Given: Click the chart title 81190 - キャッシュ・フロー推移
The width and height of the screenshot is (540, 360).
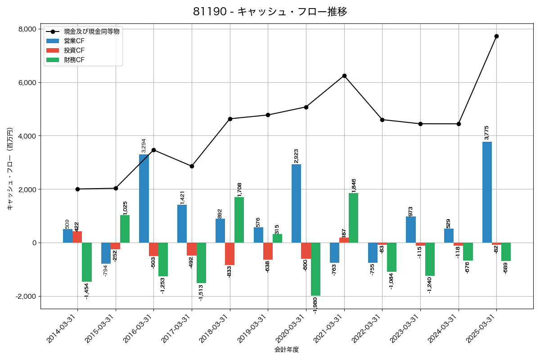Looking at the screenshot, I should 270,12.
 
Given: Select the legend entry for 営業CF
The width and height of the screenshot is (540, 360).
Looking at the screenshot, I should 74,41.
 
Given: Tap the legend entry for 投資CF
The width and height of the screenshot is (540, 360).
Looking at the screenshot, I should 74,50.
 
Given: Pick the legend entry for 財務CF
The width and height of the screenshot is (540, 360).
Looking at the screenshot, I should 74,60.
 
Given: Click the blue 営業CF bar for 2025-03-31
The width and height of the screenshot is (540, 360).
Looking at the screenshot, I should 487,192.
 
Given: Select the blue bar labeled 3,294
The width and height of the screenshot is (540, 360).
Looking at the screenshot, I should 144,198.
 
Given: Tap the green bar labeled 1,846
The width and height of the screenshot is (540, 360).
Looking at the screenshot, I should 353,218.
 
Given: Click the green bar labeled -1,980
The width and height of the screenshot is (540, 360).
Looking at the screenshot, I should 315,269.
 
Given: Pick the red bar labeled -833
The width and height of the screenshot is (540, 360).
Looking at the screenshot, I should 230,254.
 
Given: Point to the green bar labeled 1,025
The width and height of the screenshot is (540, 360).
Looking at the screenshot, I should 125,229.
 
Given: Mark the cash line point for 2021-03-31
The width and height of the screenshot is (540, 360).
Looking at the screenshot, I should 344,76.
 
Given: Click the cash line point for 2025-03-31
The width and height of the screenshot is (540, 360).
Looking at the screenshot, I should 496,36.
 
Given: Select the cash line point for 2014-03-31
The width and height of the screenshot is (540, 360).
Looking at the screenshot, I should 77,189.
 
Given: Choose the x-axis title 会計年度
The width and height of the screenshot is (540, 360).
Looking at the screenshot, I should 287,350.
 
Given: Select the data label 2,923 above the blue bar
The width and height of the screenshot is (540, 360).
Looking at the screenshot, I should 296,156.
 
